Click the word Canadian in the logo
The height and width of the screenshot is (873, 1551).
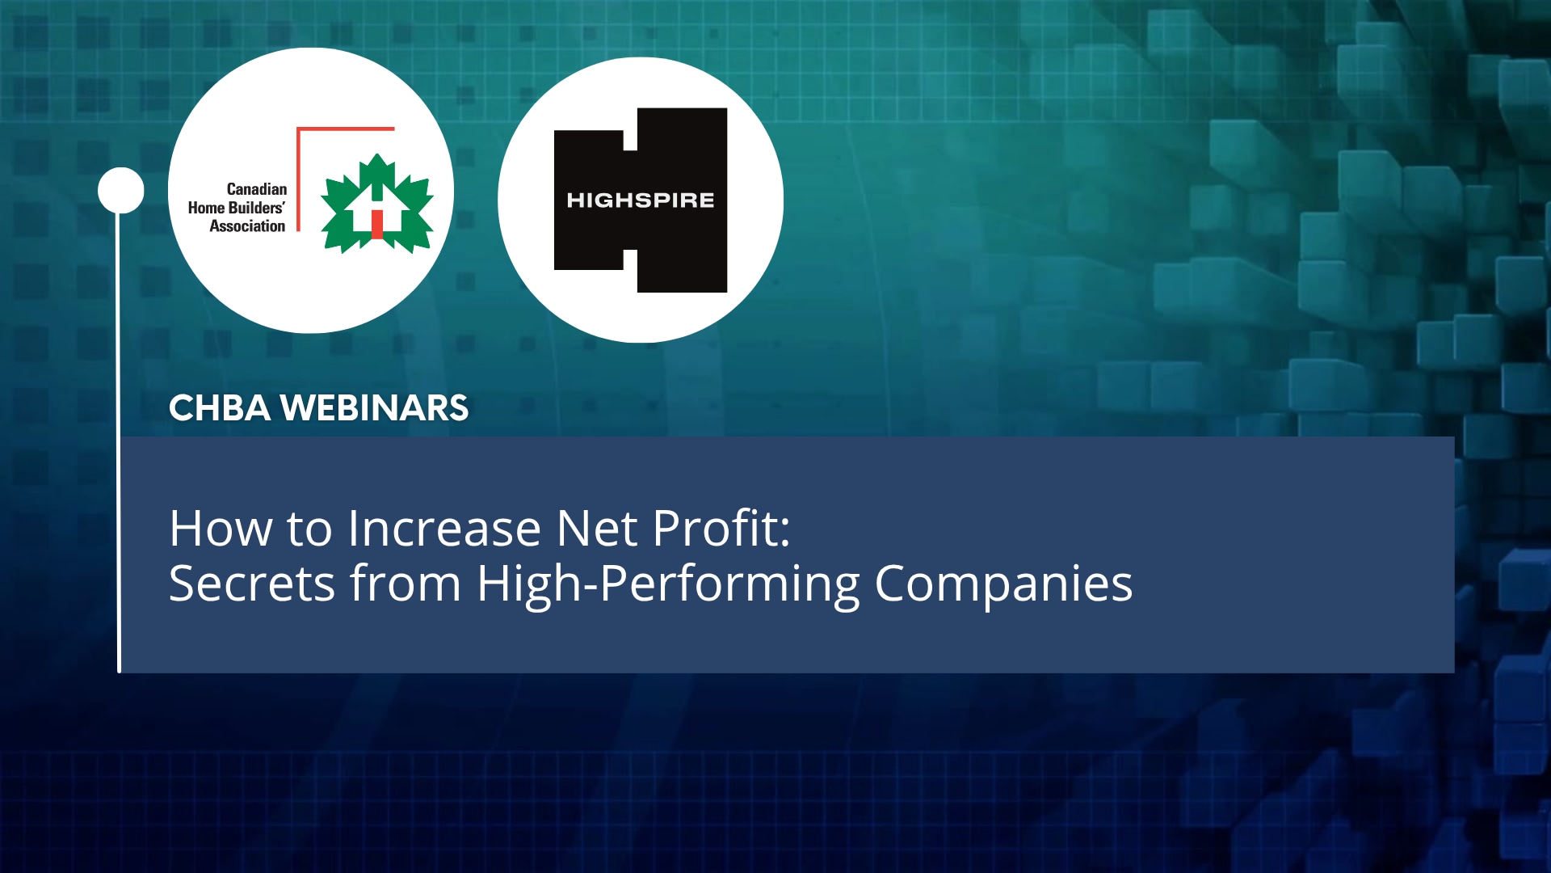256,189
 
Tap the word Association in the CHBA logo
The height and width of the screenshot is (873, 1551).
247,226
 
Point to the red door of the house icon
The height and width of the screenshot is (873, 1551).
376,224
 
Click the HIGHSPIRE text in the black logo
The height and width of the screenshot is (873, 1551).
640,200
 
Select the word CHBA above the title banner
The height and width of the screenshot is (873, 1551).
219,408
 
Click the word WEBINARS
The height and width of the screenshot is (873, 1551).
374,408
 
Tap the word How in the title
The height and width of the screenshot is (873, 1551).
221,529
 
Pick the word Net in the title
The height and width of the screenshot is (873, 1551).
597,529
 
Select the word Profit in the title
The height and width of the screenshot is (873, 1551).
715,529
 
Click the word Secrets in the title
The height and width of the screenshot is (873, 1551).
251,584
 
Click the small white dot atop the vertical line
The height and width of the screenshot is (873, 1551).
121,191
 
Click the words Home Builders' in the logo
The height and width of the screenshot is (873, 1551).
236,208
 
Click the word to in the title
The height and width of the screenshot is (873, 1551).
309,529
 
